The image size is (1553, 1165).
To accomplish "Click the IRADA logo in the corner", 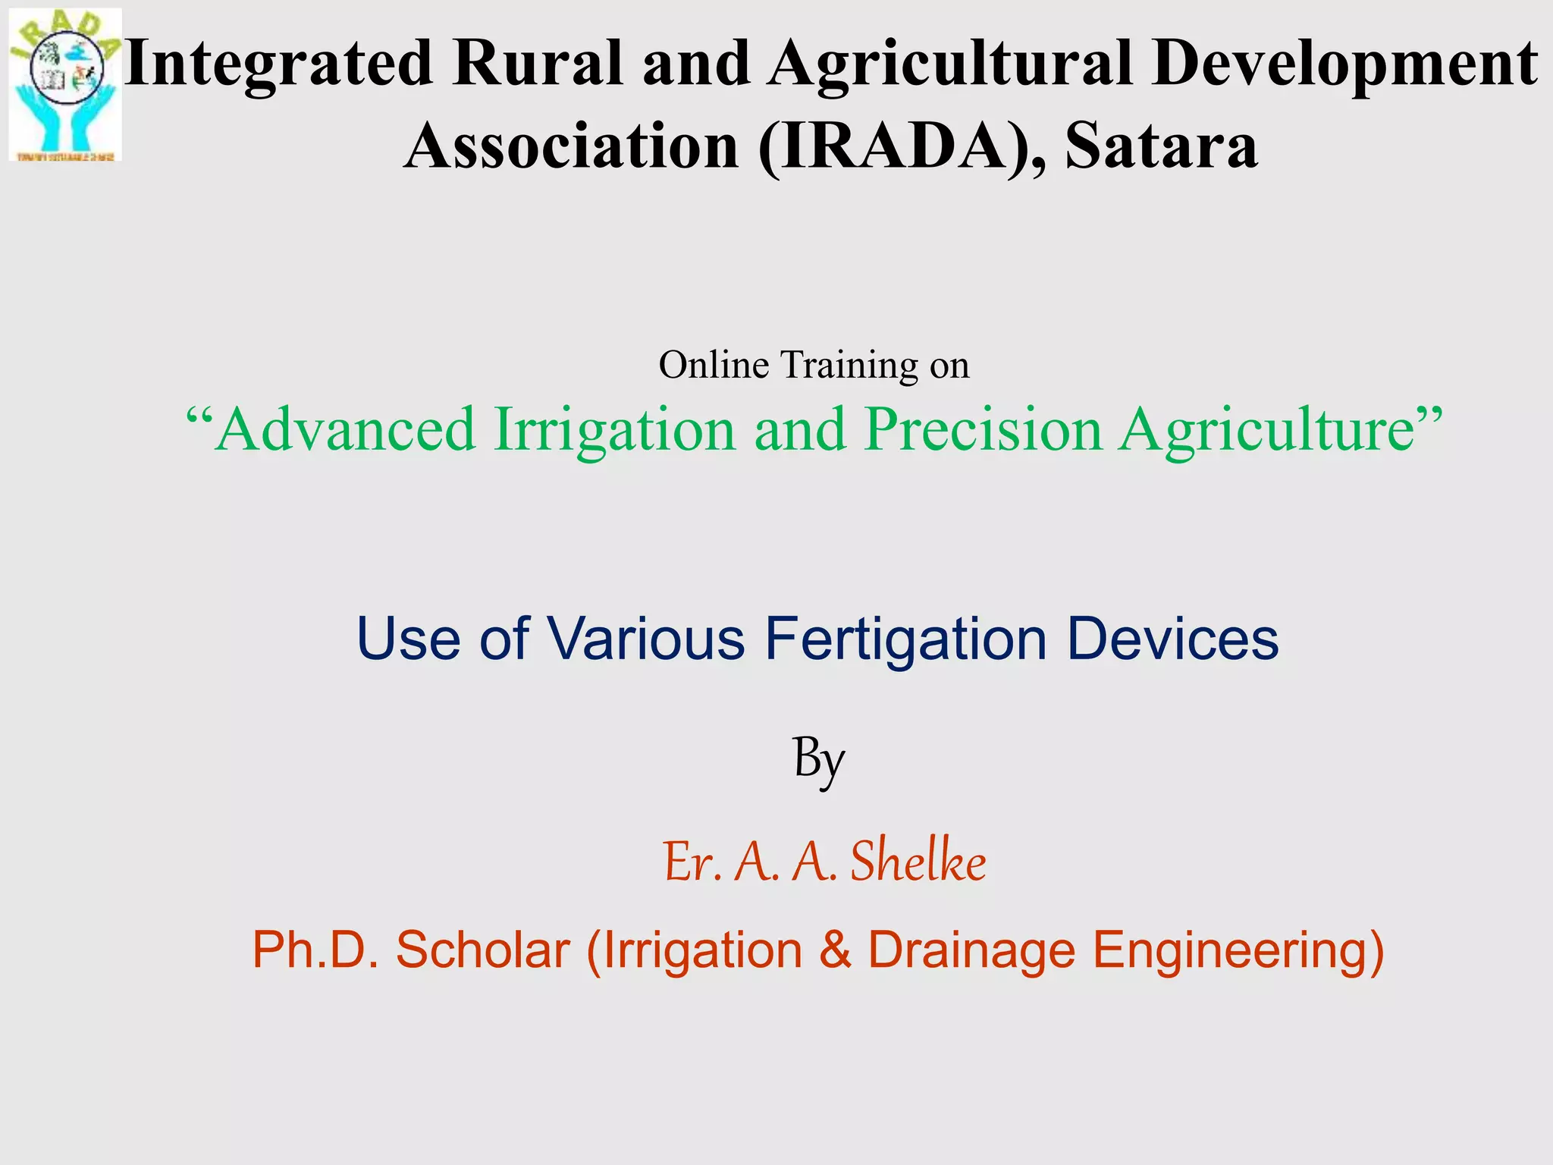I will tap(65, 85).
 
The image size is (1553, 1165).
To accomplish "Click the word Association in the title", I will tap(572, 146).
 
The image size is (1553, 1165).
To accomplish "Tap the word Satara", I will tap(1161, 146).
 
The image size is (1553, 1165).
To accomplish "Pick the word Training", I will tap(849, 365).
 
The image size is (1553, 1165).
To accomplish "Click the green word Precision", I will tap(984, 429).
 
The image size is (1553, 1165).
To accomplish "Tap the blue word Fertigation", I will tap(905, 639).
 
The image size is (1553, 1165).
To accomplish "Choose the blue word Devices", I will tap(1172, 639).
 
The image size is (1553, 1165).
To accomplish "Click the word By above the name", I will tap(819, 759).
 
